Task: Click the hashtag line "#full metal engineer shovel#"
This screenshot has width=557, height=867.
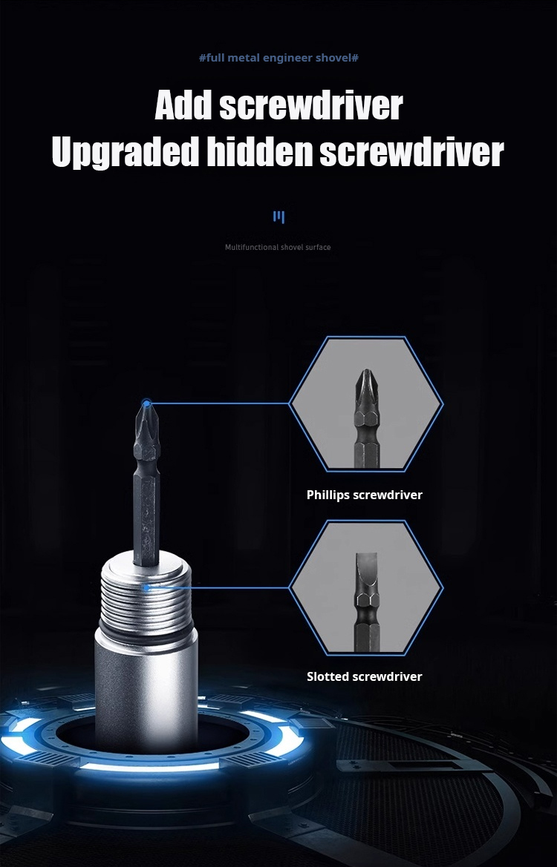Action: click(278, 58)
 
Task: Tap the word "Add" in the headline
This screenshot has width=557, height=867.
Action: click(184, 105)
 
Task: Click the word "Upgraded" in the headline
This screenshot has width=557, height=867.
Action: click(125, 152)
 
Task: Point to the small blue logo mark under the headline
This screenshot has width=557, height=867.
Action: click(278, 217)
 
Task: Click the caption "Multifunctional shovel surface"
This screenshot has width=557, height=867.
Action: click(278, 247)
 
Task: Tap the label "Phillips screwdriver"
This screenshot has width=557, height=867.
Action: click(365, 495)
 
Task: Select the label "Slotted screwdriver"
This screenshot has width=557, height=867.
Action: click(365, 676)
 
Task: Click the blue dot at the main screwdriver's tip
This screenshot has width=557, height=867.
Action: click(146, 403)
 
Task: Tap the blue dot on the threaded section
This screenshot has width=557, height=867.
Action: click(146, 587)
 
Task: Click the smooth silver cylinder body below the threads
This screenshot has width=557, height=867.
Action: click(146, 691)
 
